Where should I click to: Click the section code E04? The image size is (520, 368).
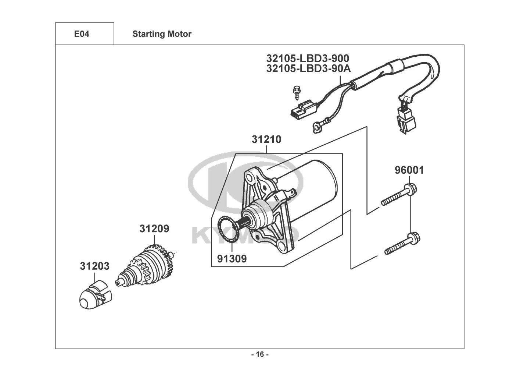tap(82, 34)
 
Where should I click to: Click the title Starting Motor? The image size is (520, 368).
tap(162, 34)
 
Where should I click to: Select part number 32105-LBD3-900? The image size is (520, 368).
tap(307, 58)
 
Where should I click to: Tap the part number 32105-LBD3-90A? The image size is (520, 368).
tap(308, 68)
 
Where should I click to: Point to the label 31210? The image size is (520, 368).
tap(266, 139)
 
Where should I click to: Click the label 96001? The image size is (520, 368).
tap(409, 170)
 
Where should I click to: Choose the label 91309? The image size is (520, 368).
tap(232, 259)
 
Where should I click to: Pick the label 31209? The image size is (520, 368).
tap(154, 229)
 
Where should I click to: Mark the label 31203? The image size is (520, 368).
tap(94, 266)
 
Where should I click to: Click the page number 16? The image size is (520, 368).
tap(260, 354)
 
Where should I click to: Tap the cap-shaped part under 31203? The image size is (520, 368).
tap(95, 294)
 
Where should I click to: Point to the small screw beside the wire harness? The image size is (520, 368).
tap(296, 92)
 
